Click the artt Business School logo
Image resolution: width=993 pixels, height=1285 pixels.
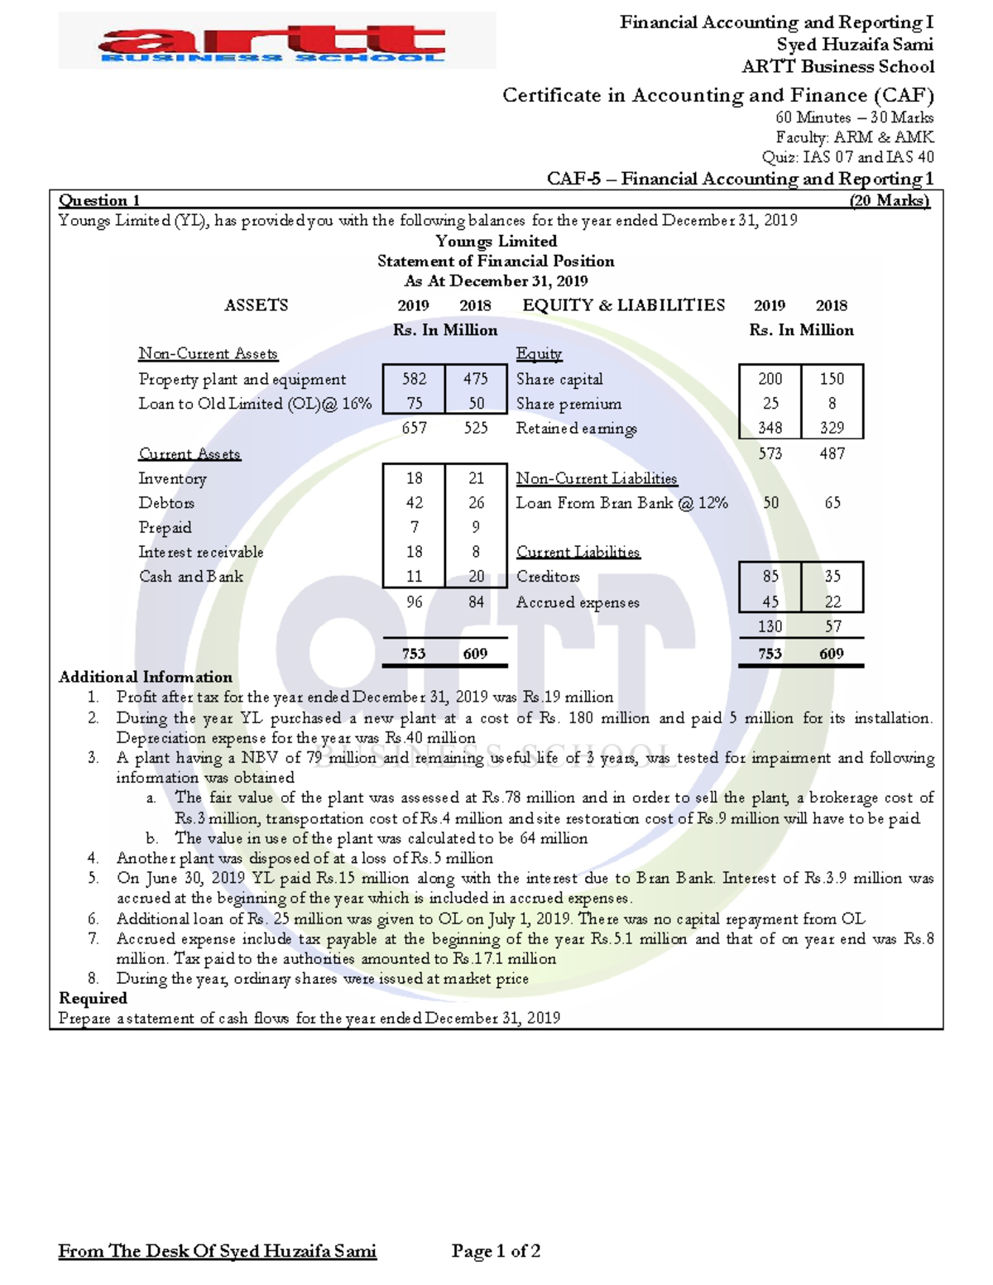(276, 41)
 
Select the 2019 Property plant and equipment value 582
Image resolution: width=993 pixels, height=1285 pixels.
(414, 379)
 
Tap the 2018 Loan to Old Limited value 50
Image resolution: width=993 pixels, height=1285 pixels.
(476, 404)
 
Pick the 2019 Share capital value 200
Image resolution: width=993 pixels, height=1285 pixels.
(770, 379)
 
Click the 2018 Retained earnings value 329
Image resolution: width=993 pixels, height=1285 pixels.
(832, 428)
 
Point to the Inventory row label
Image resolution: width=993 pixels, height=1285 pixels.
(172, 479)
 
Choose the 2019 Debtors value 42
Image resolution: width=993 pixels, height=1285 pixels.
(414, 503)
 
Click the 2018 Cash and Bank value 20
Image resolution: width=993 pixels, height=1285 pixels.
(476, 577)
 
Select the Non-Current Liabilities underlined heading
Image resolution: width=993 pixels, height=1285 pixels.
(596, 479)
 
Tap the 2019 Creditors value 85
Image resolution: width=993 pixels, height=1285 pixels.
(770, 576)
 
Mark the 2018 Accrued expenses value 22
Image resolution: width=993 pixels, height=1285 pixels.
(832, 602)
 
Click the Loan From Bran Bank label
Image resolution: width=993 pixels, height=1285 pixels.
(621, 503)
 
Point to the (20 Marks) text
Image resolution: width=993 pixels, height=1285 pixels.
(890, 201)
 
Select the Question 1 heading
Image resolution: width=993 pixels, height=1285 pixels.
(99, 201)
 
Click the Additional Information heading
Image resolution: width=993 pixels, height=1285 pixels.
(146, 677)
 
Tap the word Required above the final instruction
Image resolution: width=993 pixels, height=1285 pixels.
(93, 999)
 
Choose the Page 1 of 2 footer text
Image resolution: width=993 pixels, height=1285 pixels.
(496, 1251)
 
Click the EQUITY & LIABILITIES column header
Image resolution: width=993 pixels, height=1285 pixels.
(623, 305)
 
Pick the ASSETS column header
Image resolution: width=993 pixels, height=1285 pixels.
(257, 305)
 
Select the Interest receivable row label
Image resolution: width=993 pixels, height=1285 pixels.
(201, 553)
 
